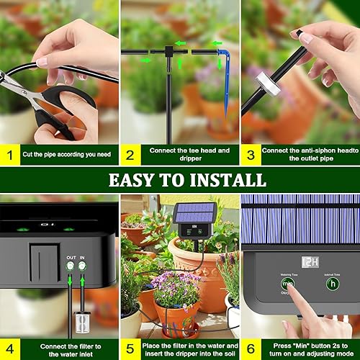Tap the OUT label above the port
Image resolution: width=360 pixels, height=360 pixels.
point(71,257)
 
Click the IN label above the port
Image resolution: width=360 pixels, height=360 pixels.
point(83,257)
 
